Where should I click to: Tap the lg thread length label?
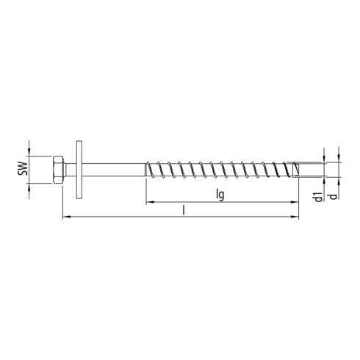pos(220,196)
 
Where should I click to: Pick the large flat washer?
pos(77,170)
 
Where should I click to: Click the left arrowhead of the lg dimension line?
pos(148,202)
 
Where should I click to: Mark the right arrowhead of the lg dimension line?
pos(298,202)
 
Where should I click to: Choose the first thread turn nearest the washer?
pos(152,170)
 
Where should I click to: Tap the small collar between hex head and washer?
pos(70,170)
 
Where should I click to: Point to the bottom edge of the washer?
pos(77,198)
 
